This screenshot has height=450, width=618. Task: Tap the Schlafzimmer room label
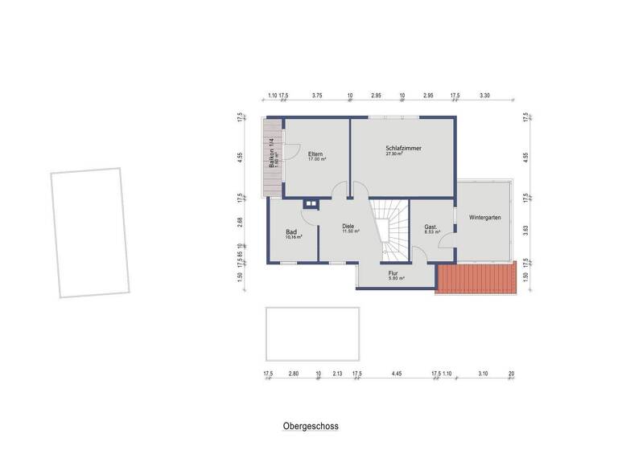tap(403, 148)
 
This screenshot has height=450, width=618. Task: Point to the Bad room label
tap(291, 232)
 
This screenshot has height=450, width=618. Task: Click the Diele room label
tap(348, 227)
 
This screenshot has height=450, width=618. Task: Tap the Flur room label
tap(393, 273)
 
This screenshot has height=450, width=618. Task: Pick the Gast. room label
tap(431, 227)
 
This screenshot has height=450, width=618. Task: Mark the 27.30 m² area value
tap(394, 153)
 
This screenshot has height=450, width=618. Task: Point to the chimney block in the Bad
tap(309, 204)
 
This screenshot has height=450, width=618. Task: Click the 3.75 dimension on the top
tap(317, 95)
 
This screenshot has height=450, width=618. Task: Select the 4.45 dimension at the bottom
tap(397, 374)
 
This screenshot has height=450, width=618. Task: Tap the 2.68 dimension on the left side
tap(240, 220)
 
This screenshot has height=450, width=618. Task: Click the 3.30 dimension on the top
tap(484, 95)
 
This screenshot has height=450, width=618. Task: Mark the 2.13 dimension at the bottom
tap(337, 374)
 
